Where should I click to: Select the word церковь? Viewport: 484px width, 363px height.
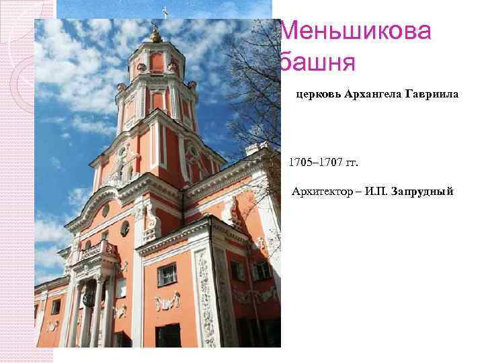318,95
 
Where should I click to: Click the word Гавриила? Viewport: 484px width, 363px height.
432,95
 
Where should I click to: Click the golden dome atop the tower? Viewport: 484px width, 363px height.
155,36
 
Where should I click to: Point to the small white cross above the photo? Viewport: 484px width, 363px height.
164,11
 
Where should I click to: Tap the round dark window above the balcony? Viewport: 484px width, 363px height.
124,228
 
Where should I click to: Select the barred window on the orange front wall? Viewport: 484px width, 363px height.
167,274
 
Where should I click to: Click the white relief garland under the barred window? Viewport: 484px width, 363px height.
167,302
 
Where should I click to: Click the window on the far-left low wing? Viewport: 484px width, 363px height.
56,307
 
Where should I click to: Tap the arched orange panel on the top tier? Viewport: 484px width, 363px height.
156,62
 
